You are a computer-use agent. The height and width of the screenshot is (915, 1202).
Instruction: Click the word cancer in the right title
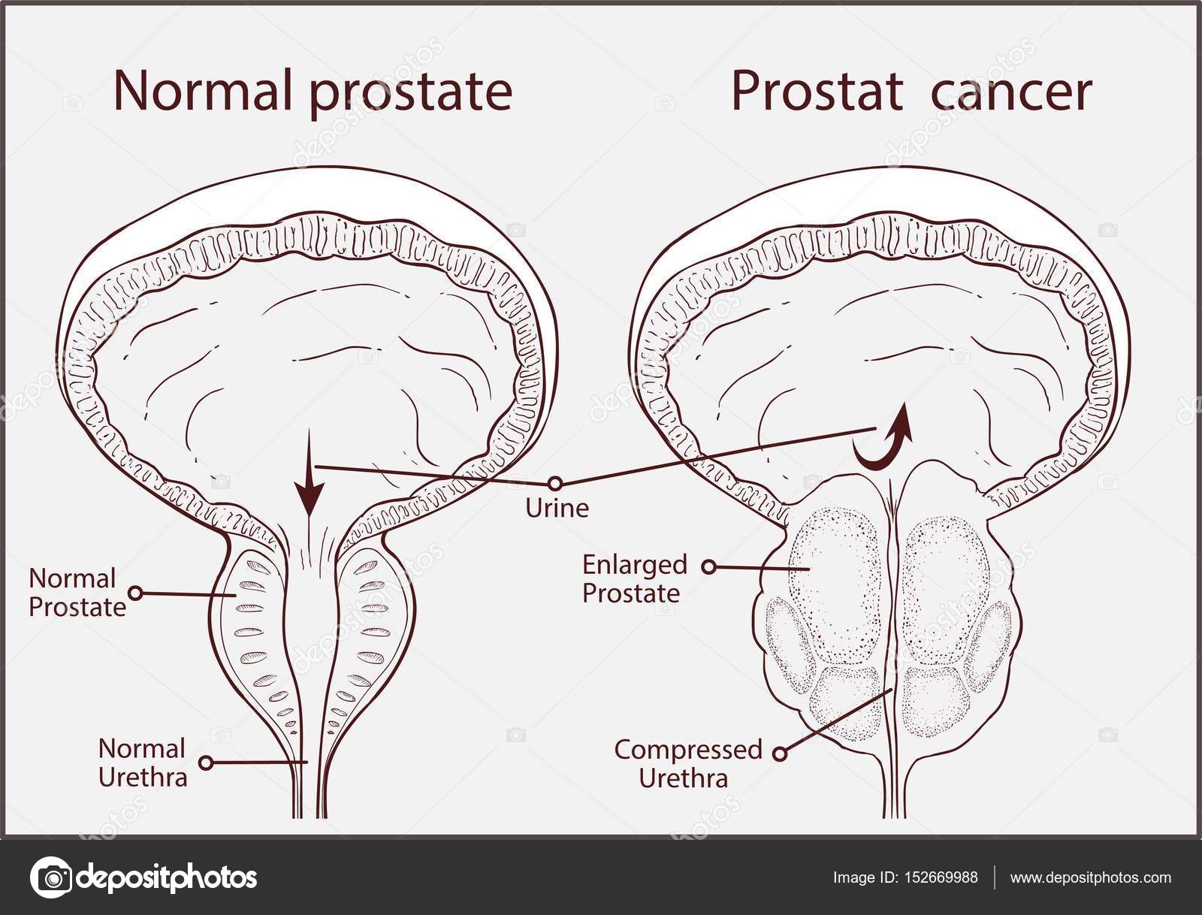pyautogui.click(x=1011, y=92)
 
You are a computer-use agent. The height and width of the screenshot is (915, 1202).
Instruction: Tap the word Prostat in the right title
pyautogui.click(x=817, y=91)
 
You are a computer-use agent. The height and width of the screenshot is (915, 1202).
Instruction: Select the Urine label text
pyautogui.click(x=557, y=508)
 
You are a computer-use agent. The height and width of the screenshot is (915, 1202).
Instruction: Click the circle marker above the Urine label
pyautogui.click(x=555, y=484)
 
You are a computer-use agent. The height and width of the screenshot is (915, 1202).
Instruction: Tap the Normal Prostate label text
pyautogui.click(x=77, y=593)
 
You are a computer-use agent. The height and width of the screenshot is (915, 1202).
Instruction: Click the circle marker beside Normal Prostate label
pyautogui.click(x=135, y=593)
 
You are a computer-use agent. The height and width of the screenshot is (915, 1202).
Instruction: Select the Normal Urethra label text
pyautogui.click(x=143, y=763)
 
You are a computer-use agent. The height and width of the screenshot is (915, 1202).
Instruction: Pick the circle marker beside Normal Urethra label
pyautogui.click(x=206, y=762)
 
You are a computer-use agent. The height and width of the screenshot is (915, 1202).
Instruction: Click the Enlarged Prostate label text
pyautogui.click(x=634, y=578)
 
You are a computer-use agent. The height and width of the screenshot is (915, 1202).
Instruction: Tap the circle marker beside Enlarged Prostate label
pyautogui.click(x=708, y=567)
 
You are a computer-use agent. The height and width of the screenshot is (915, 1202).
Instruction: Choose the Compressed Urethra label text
pyautogui.click(x=688, y=764)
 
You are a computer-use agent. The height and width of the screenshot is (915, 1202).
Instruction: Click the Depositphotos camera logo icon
pyautogui.click(x=52, y=877)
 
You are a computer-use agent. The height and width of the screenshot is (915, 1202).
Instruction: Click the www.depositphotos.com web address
pyautogui.click(x=1091, y=878)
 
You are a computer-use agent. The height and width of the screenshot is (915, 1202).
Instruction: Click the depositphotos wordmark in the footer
pyautogui.click(x=167, y=878)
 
